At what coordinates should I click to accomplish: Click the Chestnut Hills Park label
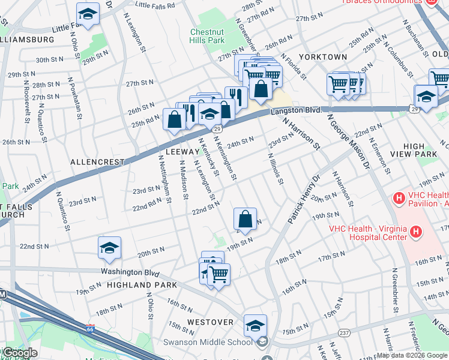(x=207, y=36)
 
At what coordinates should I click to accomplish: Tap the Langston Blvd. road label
(x=296, y=111)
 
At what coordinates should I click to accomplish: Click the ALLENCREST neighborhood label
(x=97, y=162)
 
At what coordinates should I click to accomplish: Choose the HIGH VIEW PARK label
(x=421, y=150)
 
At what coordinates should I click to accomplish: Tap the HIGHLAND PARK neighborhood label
(x=142, y=284)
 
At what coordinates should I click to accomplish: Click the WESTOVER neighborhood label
(x=209, y=322)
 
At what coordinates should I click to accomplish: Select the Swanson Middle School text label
(x=208, y=342)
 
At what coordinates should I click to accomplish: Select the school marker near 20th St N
(x=109, y=248)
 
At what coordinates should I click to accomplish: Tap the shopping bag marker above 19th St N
(x=245, y=219)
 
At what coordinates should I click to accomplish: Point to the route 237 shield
(x=344, y=333)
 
